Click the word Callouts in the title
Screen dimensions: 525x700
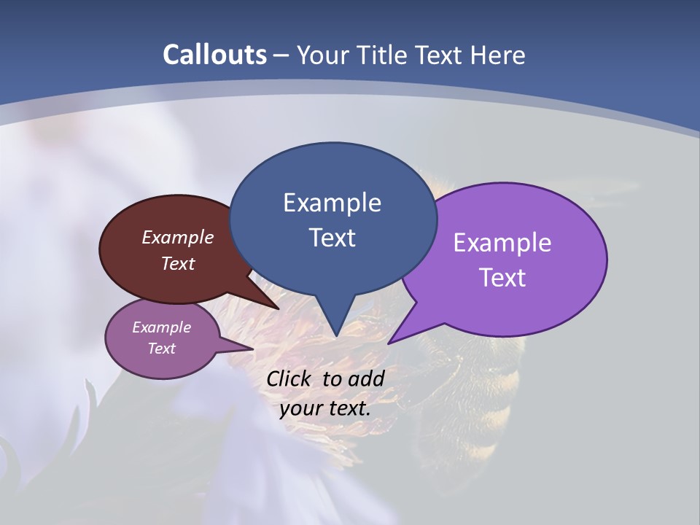pos(214,55)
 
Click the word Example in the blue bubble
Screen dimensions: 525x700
pos(332,203)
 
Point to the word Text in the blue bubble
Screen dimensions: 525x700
pos(332,238)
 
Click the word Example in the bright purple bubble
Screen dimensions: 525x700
pos(502,243)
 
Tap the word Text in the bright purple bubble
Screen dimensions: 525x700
pos(502,278)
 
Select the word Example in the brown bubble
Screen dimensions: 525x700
pos(178,237)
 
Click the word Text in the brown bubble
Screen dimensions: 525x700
pos(178,263)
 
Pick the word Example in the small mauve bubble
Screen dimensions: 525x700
pos(161,327)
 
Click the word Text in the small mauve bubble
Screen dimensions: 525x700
pos(161,349)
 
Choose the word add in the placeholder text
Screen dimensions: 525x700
pos(366,378)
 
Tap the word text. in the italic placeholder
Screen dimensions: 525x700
pos(349,408)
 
